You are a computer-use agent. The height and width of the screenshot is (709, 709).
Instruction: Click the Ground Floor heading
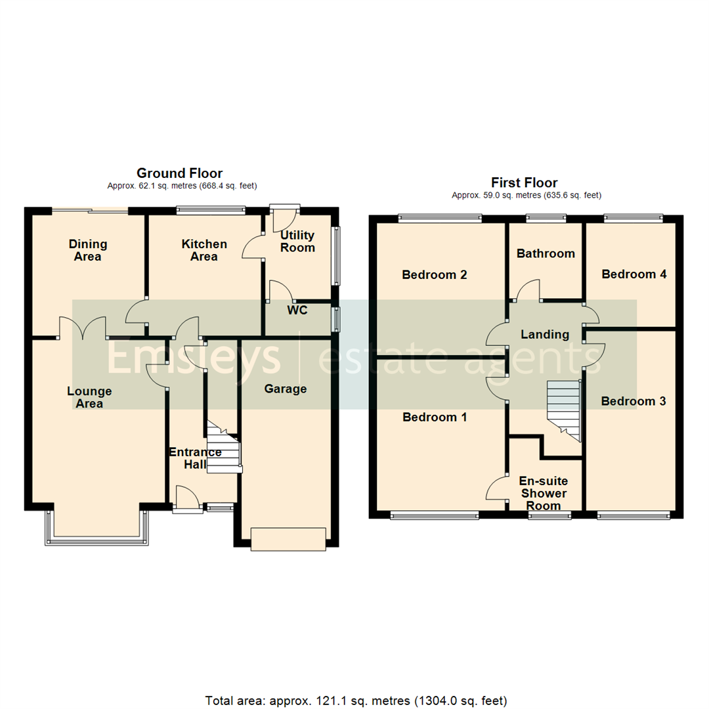pyautogui.click(x=179, y=173)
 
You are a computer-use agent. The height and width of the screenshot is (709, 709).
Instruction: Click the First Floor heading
pyautogui.click(x=525, y=183)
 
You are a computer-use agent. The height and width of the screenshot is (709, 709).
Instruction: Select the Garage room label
pyautogui.click(x=286, y=389)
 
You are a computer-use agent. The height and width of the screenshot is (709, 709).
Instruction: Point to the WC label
pyautogui.click(x=297, y=311)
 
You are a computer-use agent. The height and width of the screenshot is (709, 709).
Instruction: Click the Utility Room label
pyautogui.click(x=297, y=242)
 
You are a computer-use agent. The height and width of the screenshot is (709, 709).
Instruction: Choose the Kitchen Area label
pyautogui.click(x=204, y=250)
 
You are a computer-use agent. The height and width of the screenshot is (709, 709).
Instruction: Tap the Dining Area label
pyautogui.click(x=88, y=250)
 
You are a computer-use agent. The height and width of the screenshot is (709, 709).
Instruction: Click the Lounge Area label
pyautogui.click(x=89, y=398)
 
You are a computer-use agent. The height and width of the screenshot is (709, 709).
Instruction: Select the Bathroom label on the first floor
pyautogui.click(x=546, y=253)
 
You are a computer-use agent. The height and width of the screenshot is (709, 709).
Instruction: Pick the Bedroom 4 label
pyautogui.click(x=634, y=274)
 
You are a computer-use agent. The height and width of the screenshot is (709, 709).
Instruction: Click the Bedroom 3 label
pyautogui.click(x=634, y=401)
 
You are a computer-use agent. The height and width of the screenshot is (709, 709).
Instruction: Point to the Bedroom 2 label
pyautogui.click(x=435, y=274)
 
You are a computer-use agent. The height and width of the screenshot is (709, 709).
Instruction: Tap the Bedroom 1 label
pyautogui.click(x=435, y=417)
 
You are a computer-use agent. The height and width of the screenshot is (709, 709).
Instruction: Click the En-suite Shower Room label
pyautogui.click(x=544, y=493)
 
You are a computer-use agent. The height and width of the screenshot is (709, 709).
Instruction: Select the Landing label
pyautogui.click(x=545, y=335)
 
